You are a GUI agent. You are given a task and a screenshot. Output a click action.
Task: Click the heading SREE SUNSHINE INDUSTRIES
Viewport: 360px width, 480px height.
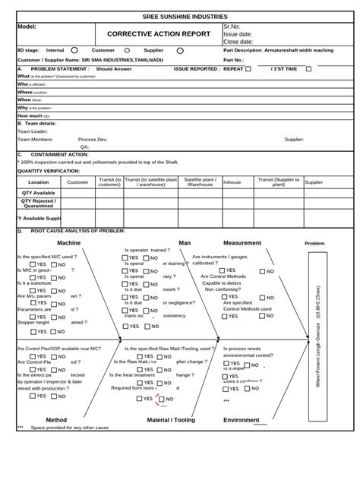179,16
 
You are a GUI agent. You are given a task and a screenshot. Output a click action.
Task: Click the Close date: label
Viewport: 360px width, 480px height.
238,42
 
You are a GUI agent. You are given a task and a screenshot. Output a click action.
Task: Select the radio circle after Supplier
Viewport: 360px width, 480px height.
180,51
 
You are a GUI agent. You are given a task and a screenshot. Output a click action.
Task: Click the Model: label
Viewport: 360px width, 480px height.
27,27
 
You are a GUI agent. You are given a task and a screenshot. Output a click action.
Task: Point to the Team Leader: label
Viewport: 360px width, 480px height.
33,131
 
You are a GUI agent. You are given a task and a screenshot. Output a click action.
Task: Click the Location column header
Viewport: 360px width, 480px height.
39,182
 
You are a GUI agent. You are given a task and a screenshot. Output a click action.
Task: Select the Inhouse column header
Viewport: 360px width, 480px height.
232,182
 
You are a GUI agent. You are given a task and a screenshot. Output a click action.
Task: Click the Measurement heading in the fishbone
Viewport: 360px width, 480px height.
242,243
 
